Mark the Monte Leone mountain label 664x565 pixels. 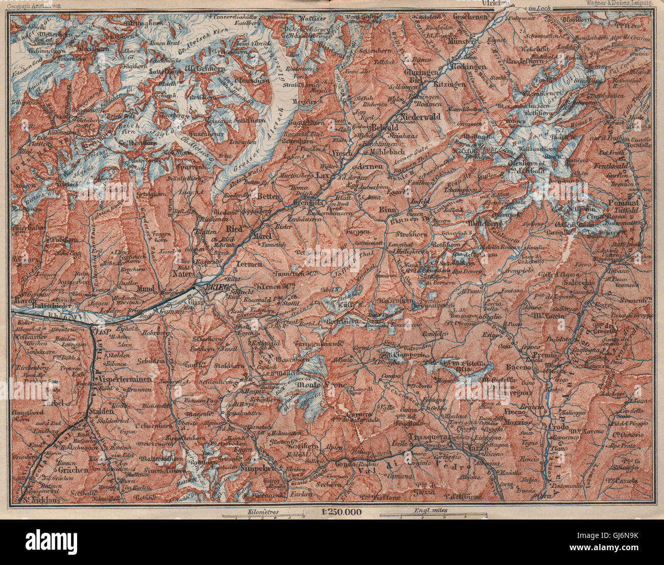327,383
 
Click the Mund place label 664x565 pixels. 146,289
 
